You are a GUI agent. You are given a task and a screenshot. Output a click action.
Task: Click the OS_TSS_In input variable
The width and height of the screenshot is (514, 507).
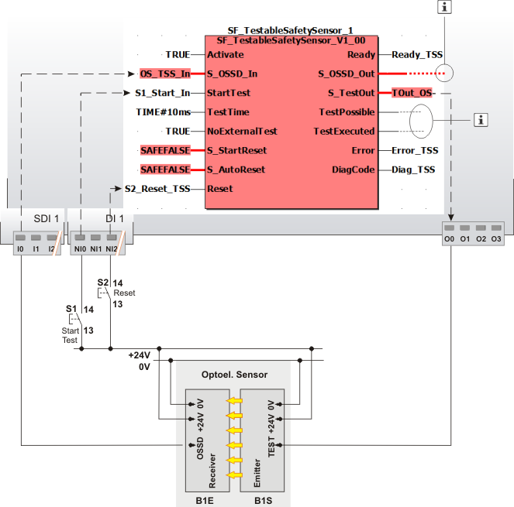pos(164,74)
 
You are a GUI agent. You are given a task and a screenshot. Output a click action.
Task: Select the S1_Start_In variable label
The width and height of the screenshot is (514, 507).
pos(159,94)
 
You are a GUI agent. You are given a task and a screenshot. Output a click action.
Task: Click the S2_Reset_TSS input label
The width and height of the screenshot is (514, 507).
pos(157,188)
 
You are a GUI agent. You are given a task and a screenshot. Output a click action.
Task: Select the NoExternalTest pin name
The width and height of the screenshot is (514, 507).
pos(242,132)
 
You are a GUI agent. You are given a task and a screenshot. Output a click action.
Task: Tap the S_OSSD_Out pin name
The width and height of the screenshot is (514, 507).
pos(347,74)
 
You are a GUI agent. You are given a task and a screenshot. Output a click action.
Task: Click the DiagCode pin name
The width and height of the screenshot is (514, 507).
pos(354,169)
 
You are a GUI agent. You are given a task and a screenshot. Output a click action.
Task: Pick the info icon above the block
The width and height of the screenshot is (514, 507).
pos(444,7)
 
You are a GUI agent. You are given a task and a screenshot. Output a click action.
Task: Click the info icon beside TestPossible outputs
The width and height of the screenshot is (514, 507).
pos(481,119)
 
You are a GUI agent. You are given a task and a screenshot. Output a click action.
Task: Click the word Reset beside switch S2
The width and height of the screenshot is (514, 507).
pos(124,293)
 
